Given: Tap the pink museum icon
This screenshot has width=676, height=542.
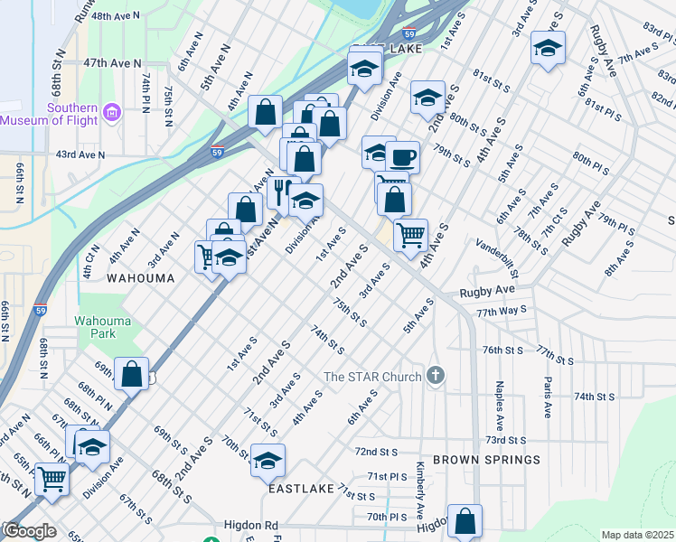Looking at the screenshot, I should (112, 112).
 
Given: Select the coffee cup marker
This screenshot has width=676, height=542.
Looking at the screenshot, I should (402, 158).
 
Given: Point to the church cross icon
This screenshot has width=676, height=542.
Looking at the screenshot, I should (436, 375).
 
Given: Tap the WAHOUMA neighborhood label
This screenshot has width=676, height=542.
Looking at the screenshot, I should (140, 278).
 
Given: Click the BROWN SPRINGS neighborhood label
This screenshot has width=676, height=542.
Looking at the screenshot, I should (486, 460).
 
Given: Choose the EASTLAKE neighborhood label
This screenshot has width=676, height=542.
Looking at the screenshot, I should (301, 488).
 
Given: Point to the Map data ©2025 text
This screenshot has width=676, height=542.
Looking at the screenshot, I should (636, 535).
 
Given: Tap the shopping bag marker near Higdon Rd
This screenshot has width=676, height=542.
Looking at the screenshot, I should (465, 521).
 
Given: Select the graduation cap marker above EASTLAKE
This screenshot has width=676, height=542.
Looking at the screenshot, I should (268, 460).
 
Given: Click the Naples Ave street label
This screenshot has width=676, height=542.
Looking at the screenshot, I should (498, 404).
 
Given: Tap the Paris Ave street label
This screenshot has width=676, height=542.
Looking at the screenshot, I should (547, 397).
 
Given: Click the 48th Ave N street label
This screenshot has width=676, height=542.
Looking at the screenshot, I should (116, 16).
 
